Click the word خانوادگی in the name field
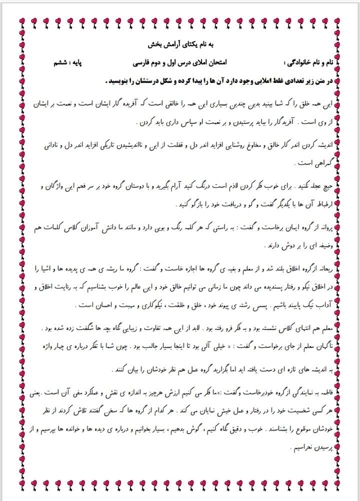coord(300,63)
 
